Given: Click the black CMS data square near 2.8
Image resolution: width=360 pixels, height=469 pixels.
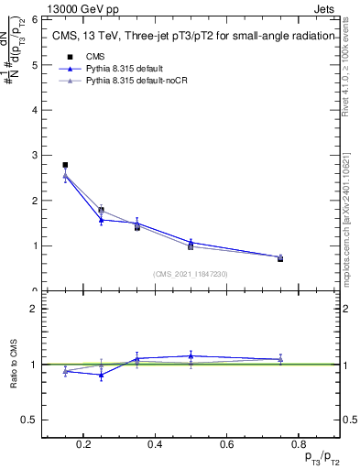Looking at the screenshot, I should (x=65, y=165).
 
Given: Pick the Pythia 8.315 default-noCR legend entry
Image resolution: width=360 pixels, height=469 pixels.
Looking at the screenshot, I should (x=133, y=81).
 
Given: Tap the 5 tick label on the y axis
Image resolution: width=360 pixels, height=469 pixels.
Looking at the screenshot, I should (x=33, y=65).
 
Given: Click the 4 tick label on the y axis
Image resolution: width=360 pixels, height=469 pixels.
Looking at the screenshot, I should (x=33, y=110).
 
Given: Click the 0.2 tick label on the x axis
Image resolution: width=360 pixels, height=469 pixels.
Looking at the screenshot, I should (x=83, y=445).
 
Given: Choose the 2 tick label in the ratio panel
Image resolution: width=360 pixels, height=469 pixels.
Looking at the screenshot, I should (x=33, y=309).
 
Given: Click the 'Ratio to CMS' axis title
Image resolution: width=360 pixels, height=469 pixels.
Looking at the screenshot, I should (x=15, y=364).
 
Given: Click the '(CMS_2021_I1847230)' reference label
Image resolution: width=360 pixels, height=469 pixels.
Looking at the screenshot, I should (x=190, y=274).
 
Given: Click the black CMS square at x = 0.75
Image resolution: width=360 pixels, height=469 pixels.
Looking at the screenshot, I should (x=280, y=259).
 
